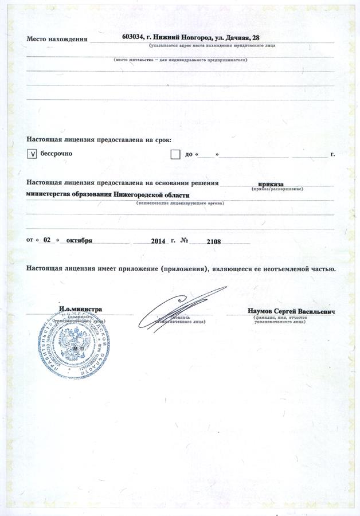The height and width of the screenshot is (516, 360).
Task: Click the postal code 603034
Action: click(134, 37)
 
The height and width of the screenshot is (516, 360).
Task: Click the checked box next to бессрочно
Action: click(33, 154)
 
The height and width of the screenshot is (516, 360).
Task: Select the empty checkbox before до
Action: click(175, 154)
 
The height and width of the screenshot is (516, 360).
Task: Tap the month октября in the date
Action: click(79, 240)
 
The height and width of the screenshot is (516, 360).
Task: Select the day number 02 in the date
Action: click(48, 240)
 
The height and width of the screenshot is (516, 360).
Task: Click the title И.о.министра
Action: click(81, 309)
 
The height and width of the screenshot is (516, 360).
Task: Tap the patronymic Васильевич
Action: click(316, 311)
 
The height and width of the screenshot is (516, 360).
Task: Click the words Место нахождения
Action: click(57, 40)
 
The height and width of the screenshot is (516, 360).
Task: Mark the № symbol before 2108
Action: click(185, 241)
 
